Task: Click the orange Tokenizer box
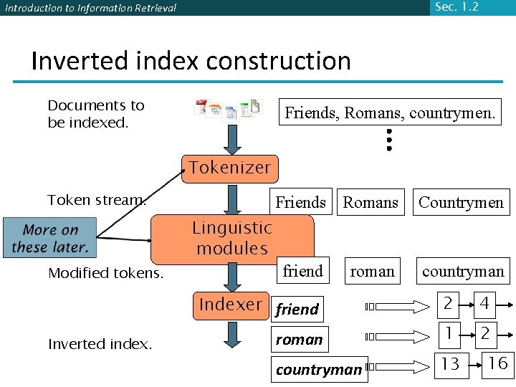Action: tap(229, 168)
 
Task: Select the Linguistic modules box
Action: tap(232, 239)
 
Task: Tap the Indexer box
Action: tap(230, 305)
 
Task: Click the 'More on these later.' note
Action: tap(50, 239)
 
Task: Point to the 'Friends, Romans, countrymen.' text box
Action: tap(390, 113)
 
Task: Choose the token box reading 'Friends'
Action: tap(301, 203)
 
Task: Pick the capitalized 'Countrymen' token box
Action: tap(461, 203)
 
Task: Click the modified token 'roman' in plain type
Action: tap(372, 272)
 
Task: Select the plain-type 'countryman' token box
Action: tap(463, 272)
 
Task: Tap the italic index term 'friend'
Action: tap(297, 310)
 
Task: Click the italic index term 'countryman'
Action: tap(320, 370)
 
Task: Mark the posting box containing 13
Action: tap(450, 364)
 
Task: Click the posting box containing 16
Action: tap(497, 363)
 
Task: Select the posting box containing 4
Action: tap(484, 305)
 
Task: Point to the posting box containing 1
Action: tap(449, 333)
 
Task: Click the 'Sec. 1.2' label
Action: tap(456, 7)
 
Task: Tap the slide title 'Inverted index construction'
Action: tap(191, 61)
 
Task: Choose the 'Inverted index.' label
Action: tap(100, 344)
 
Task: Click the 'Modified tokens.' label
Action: tap(106, 273)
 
